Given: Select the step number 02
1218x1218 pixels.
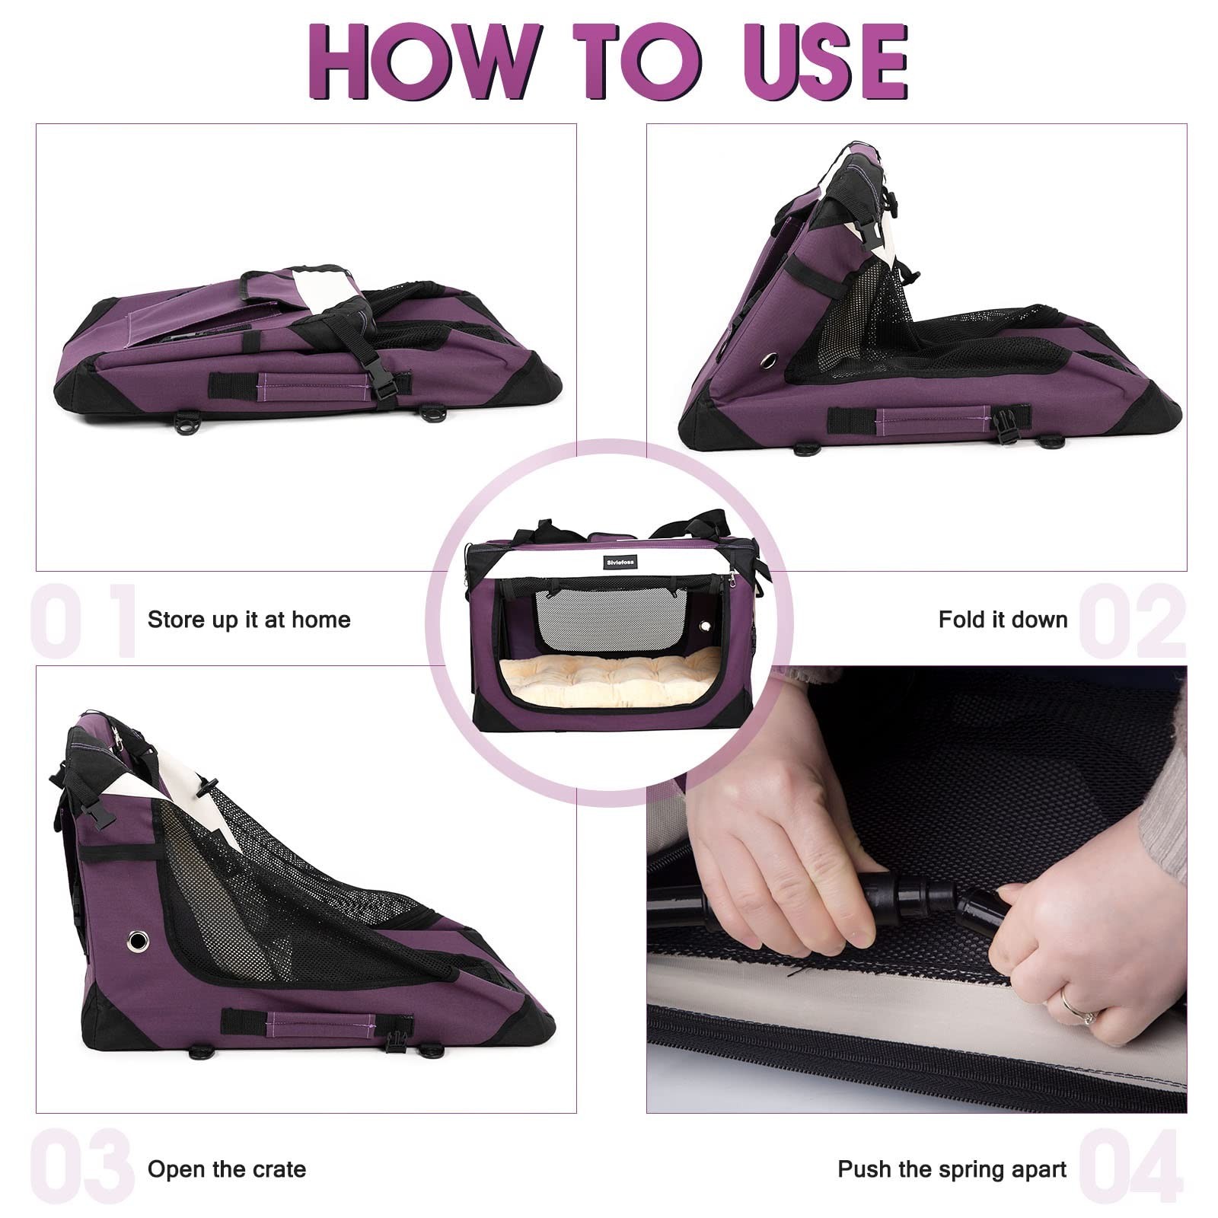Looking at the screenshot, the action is coord(1132,620).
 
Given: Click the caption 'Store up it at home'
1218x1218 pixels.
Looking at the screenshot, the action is coord(249,620).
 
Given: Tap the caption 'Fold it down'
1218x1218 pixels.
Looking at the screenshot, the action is coord(1003,620).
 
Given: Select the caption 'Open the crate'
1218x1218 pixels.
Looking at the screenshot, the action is coord(227,1169).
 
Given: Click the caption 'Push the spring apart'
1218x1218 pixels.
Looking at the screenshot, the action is coord(952,1169).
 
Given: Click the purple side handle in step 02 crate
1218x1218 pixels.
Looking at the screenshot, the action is coord(933,419).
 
